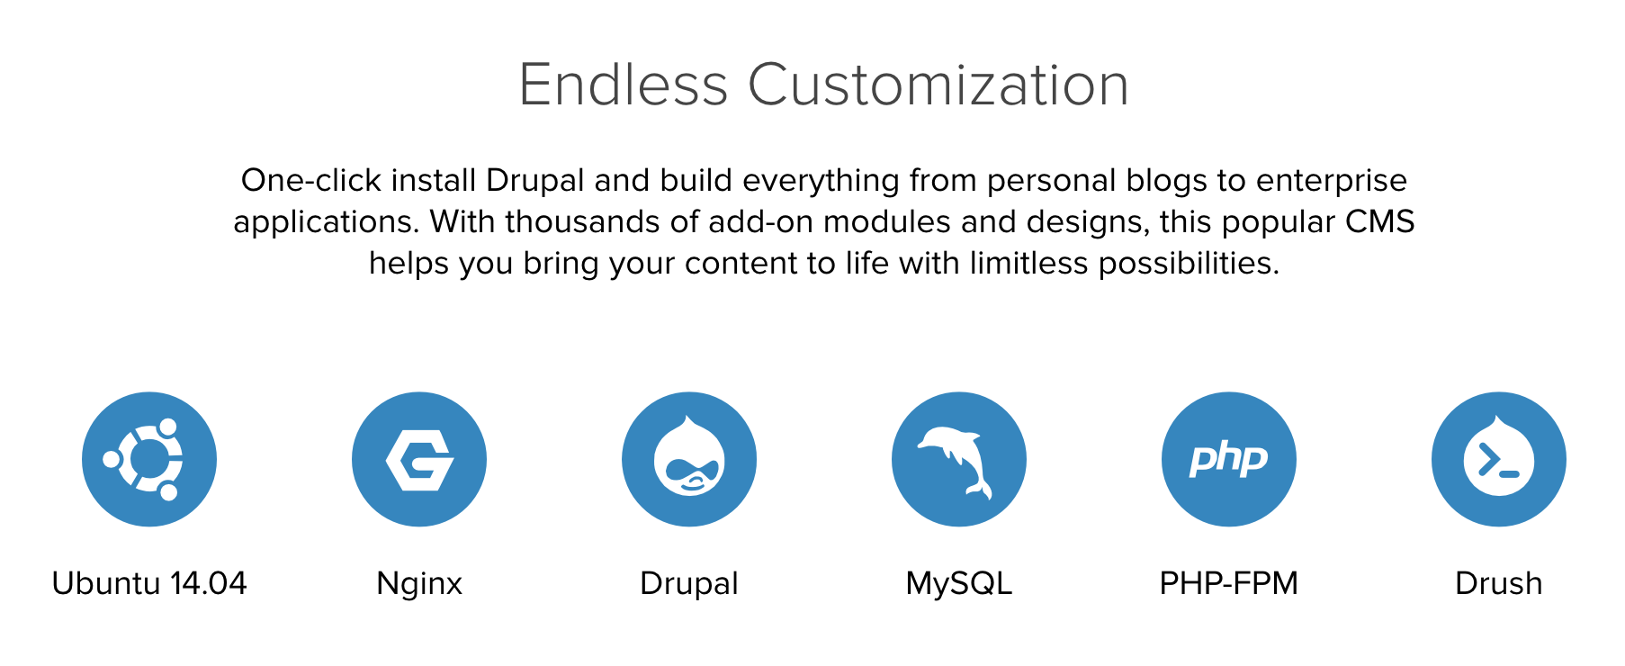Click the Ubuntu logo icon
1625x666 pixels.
(x=149, y=459)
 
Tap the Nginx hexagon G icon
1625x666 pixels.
(x=419, y=459)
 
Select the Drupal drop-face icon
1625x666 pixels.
(x=689, y=459)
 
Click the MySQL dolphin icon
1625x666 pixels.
(x=959, y=459)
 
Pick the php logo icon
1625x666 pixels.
(x=1229, y=459)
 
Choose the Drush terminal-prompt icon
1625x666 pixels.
(x=1499, y=459)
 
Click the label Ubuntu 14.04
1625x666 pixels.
(x=149, y=583)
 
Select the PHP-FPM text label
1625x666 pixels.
(x=1229, y=583)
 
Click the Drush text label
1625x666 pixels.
(x=1499, y=583)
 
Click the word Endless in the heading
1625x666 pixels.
(x=624, y=85)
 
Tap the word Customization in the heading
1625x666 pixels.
(x=938, y=85)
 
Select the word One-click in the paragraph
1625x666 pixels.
(x=311, y=181)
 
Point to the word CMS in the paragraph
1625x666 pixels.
(x=1380, y=221)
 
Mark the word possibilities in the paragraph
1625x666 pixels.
(x=1189, y=264)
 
